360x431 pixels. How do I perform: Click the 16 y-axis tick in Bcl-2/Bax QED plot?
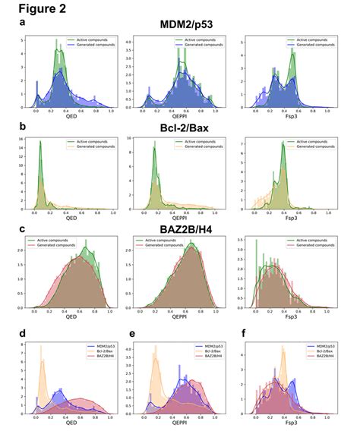click(x=24, y=140)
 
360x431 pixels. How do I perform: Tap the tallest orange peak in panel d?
click(x=40, y=346)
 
